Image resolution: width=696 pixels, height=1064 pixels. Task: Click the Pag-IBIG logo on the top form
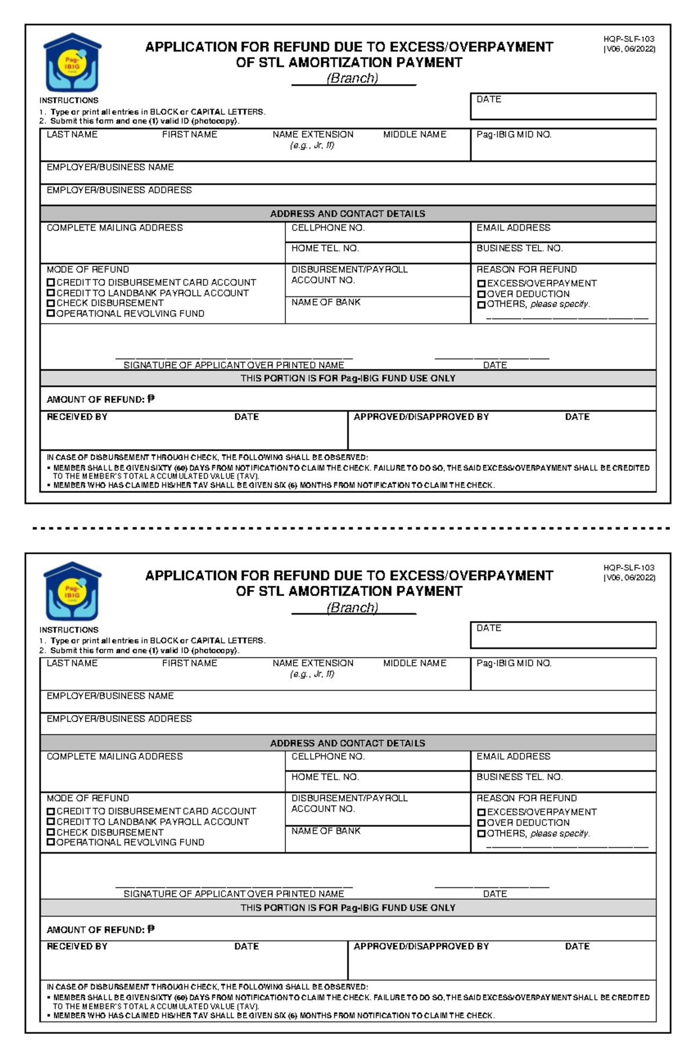[x=72, y=63]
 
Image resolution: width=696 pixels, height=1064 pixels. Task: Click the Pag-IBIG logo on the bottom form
[x=72, y=591]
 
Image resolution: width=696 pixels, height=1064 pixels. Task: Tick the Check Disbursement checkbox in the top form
[x=51, y=303]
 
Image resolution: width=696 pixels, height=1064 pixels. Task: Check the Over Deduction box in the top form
[x=481, y=294]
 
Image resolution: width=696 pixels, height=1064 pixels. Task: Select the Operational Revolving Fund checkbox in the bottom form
[x=51, y=842]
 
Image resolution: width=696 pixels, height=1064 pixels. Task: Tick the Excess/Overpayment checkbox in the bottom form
[x=481, y=812]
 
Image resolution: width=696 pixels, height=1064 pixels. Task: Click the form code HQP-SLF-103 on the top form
[x=629, y=39]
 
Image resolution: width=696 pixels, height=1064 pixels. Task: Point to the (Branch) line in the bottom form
[x=353, y=608]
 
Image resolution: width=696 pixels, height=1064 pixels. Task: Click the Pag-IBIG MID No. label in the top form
[x=514, y=135]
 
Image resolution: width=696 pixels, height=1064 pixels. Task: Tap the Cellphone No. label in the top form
[x=328, y=228]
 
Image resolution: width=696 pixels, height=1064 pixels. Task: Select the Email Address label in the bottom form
[x=513, y=757]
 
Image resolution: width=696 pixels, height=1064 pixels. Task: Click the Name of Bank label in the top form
[x=326, y=302]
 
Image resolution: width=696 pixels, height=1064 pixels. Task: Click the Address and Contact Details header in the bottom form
[x=347, y=743]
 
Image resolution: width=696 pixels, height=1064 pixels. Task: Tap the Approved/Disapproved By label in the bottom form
[x=421, y=946]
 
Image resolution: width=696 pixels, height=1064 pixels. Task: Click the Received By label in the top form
[x=77, y=417]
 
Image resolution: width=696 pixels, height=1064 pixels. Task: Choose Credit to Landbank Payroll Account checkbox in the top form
[x=51, y=293]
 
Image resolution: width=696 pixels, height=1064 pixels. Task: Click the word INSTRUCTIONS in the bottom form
[x=69, y=630]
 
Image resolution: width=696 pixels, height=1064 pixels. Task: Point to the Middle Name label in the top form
[x=415, y=135]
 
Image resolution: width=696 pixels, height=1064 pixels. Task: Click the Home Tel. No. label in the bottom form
[x=325, y=777]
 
